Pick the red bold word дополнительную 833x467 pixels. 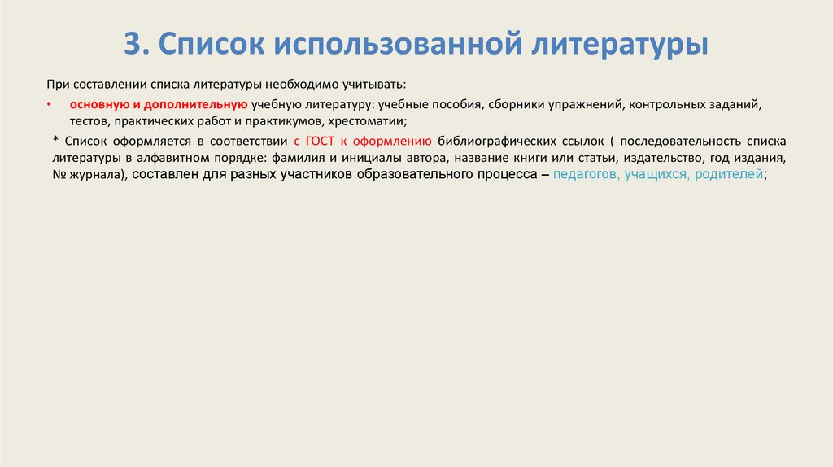196,105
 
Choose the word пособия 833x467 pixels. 456,105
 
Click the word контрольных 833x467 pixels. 672,105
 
